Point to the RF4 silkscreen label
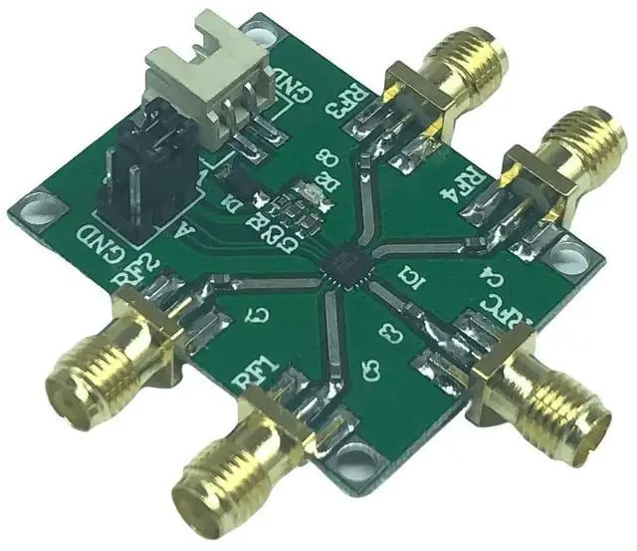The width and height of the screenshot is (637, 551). point(467,185)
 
